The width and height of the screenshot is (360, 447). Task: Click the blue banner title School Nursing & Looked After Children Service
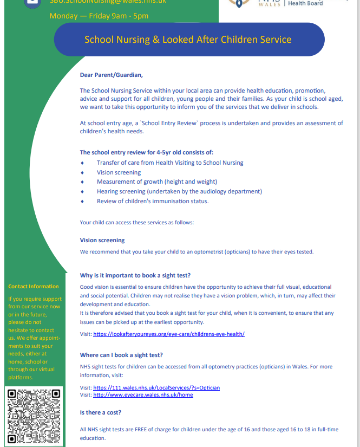(188, 40)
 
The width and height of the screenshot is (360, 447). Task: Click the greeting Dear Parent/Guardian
(111, 75)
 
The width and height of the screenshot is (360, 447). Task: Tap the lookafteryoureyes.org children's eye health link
(168, 334)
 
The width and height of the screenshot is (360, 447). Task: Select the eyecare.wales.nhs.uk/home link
(143, 395)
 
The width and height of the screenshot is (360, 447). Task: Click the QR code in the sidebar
(34, 416)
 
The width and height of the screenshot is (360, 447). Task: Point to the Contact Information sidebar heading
(34, 287)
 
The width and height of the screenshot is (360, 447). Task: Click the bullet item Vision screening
(119, 172)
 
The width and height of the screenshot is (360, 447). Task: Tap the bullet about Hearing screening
(179, 191)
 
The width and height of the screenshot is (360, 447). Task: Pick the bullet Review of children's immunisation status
(152, 201)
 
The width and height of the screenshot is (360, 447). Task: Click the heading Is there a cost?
(100, 413)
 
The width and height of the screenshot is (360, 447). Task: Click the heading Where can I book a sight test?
(121, 355)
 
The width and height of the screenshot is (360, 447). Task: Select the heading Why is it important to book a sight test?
(135, 276)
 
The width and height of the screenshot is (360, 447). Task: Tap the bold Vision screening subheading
(102, 240)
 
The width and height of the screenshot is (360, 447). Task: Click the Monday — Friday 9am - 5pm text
(99, 16)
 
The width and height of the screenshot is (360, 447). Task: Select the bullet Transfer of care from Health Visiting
(170, 163)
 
